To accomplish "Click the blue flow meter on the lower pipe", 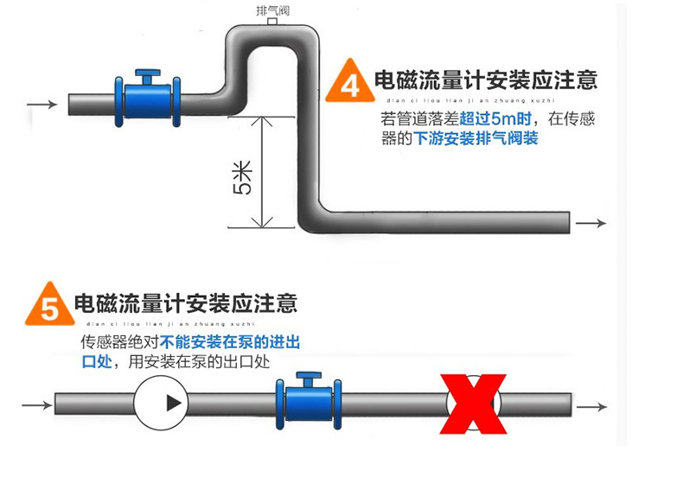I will [303, 404].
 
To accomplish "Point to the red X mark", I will [474, 404].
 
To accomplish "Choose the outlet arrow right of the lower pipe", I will [592, 406].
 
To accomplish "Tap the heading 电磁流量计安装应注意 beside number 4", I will [485, 81].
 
